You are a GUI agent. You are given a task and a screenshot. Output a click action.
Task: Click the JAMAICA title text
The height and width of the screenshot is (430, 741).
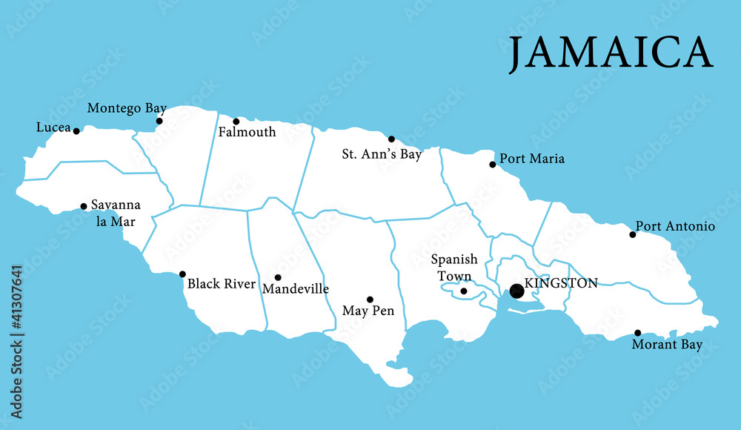(x=610, y=53)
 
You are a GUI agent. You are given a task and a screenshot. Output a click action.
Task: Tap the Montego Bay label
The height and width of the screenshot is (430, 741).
(x=127, y=108)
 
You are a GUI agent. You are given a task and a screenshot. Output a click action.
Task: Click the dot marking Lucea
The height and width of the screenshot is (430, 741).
(x=76, y=131)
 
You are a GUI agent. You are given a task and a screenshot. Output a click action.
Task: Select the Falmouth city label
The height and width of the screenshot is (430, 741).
(x=247, y=133)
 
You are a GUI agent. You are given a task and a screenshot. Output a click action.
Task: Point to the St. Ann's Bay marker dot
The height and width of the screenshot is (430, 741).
(x=391, y=139)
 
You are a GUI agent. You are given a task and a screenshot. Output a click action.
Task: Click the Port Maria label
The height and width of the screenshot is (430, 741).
(x=532, y=159)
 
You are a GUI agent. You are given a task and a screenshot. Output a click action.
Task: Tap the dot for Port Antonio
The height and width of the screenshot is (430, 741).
(x=633, y=234)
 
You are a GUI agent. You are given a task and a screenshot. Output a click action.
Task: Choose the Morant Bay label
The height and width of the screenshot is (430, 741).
(x=667, y=345)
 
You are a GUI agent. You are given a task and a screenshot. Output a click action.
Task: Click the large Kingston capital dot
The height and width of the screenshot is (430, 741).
(x=516, y=291)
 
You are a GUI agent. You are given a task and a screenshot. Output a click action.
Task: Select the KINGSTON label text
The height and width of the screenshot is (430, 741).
(x=560, y=282)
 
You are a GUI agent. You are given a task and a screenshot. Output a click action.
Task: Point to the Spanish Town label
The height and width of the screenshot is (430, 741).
(x=454, y=268)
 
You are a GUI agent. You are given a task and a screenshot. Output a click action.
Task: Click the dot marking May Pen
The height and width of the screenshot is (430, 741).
(x=370, y=300)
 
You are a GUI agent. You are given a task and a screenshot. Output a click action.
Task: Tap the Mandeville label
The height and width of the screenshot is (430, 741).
(x=296, y=289)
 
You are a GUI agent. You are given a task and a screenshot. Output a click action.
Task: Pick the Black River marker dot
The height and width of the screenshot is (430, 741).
(x=182, y=274)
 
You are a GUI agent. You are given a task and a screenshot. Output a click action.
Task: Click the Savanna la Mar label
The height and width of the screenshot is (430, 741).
(x=116, y=213)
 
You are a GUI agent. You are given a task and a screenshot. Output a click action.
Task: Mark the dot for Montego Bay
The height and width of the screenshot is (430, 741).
(x=159, y=121)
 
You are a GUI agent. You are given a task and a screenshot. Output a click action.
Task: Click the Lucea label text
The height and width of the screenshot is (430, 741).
(x=53, y=128)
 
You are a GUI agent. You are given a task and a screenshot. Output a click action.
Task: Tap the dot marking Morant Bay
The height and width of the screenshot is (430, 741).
(x=637, y=333)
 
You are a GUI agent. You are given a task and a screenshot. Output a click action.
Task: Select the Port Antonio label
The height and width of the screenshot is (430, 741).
(x=675, y=226)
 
